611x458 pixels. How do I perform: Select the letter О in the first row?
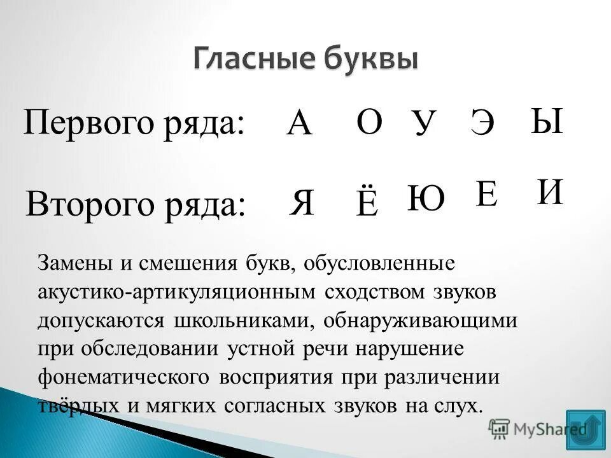pos(369,121)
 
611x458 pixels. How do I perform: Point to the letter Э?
pos(482,122)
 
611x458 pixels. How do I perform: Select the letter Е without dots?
pos(487,194)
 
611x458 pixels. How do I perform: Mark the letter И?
pos(550,191)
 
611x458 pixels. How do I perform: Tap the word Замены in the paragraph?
pos(70,263)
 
